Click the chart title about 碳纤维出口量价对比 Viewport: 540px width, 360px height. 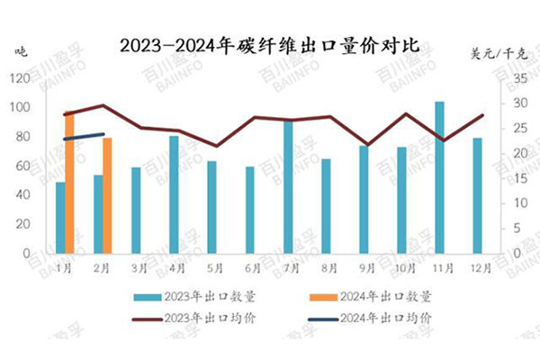tap(269, 42)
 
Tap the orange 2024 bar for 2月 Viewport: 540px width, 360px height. tap(107, 195)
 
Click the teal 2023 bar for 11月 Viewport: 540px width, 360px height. tap(439, 177)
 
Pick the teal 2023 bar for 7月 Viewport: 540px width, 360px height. tap(288, 186)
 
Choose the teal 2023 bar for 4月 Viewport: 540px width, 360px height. tap(174, 194)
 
